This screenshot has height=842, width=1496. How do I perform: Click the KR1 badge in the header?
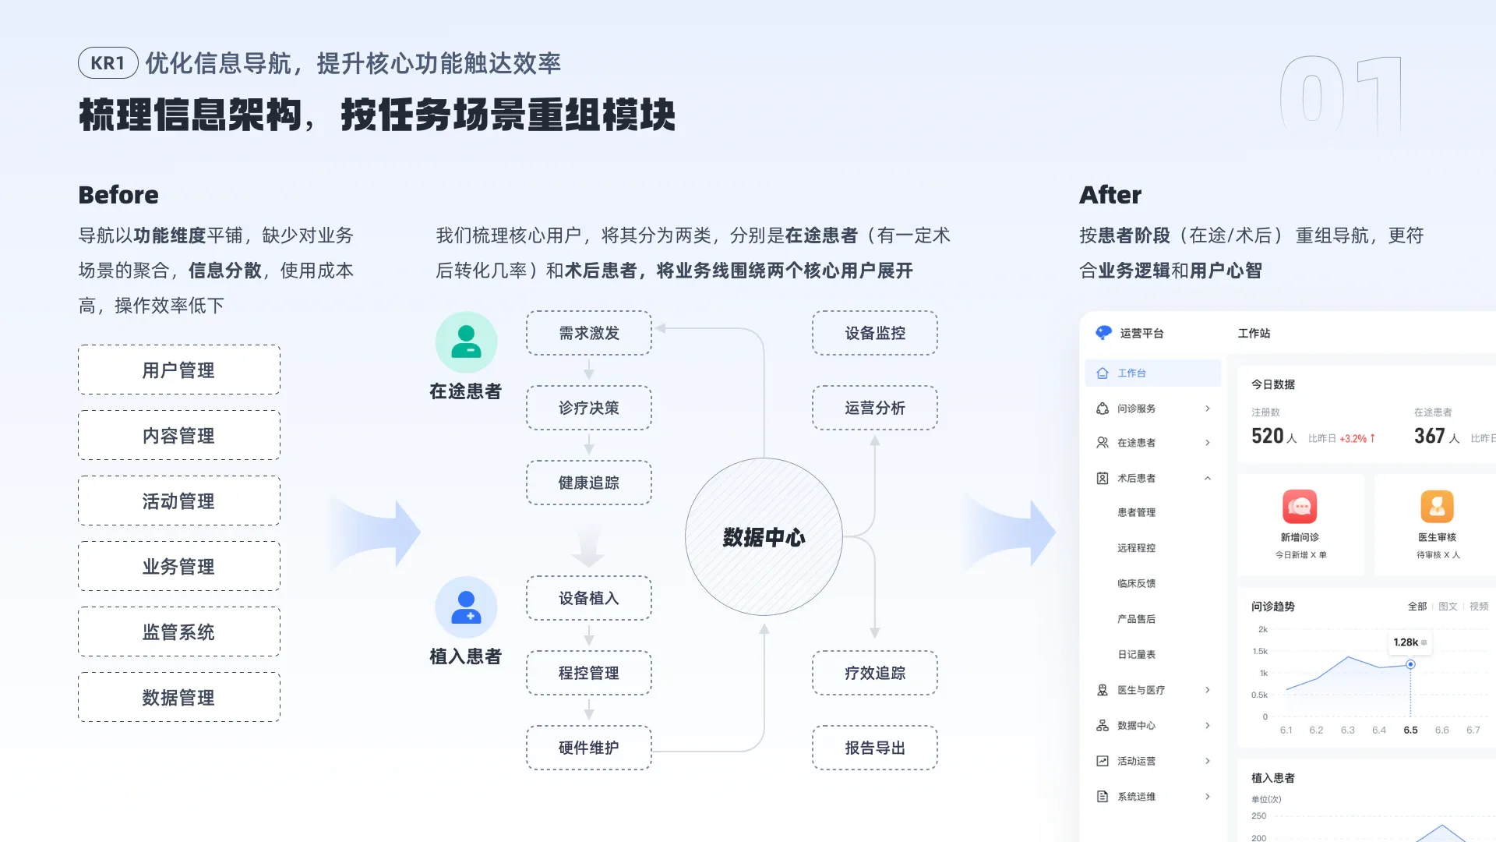(108, 63)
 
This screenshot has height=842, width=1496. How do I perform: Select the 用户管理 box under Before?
(179, 370)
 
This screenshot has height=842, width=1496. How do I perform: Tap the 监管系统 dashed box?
(179, 631)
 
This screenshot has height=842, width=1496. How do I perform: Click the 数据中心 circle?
(764, 536)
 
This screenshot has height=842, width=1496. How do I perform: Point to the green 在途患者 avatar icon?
(466, 342)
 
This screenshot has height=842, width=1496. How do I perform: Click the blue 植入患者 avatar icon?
(466, 607)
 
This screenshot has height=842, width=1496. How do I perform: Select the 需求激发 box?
(589, 333)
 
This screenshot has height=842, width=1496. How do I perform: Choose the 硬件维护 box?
(589, 748)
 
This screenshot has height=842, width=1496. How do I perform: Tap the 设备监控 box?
(875, 333)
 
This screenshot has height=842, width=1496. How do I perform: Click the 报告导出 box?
(875, 748)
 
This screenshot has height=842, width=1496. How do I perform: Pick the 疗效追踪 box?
(875, 673)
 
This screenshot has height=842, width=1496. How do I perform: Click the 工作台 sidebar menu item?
(1153, 373)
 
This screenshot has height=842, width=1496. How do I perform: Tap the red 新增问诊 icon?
(1300, 507)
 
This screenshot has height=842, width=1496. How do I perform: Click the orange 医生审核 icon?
(1438, 507)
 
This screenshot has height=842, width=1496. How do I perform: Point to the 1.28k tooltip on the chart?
(1410, 642)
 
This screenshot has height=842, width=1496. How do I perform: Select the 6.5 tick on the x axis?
(1410, 731)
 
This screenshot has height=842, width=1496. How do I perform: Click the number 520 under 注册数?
(1268, 436)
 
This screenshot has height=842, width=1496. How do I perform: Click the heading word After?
(1110, 195)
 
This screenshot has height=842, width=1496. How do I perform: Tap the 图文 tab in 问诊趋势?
(1448, 607)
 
